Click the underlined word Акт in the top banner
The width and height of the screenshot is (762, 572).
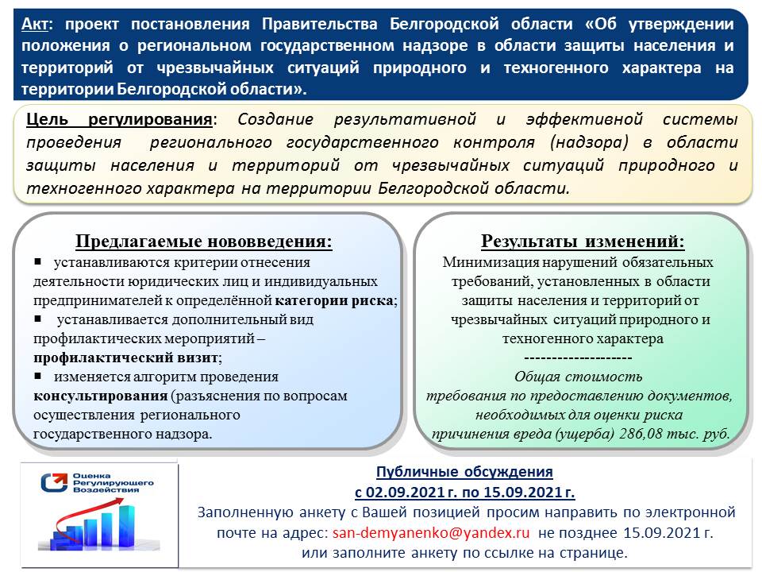[x=33, y=24]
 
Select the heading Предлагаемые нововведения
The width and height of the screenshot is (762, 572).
[x=204, y=242]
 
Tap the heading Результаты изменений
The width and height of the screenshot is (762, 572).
[x=583, y=242]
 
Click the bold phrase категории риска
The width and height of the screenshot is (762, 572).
[x=334, y=301]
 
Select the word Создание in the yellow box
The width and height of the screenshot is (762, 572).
[x=269, y=120]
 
